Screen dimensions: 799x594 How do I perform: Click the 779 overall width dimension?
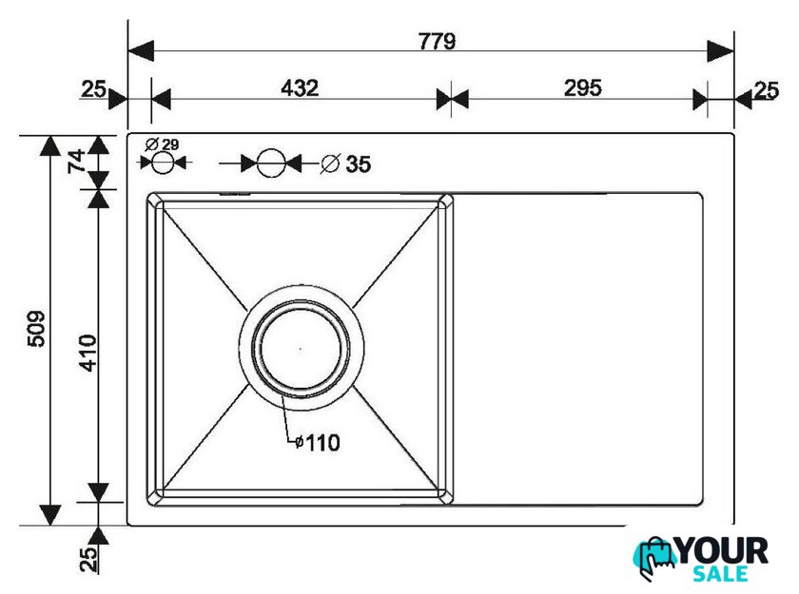tap(438, 41)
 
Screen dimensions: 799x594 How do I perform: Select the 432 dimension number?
tap(300, 88)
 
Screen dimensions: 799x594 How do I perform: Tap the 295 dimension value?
tap(583, 88)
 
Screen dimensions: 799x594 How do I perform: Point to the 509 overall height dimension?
tap(36, 329)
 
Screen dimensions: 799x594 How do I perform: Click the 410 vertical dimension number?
tap(88, 353)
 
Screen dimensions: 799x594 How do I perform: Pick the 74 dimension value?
tap(77, 162)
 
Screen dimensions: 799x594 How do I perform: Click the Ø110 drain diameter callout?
tap(318, 443)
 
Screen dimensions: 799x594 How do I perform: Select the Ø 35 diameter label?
tap(346, 163)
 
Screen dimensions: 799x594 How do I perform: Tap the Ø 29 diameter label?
tap(162, 144)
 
